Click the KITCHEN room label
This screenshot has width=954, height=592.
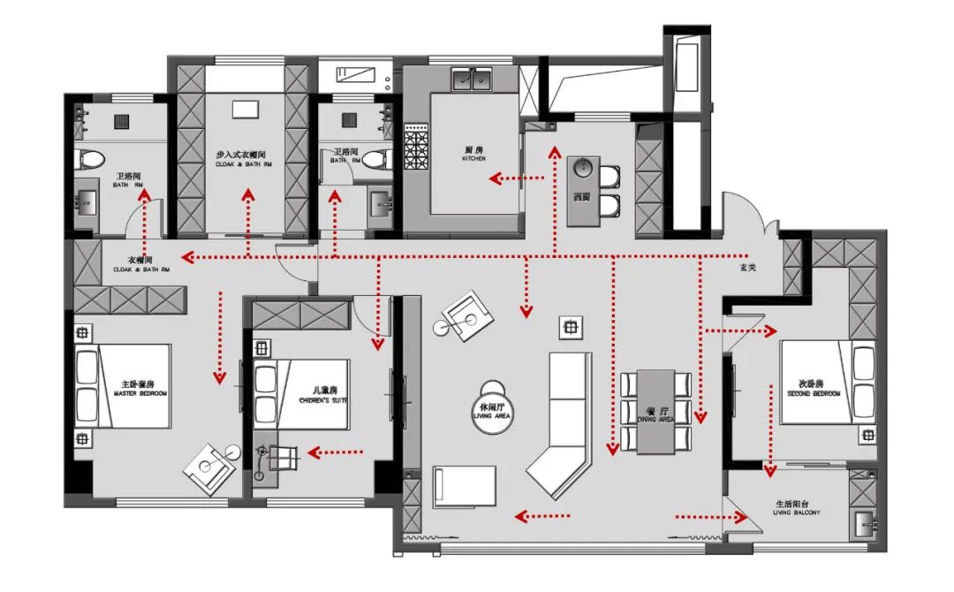[474, 154]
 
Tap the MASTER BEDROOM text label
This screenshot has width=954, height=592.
[139, 389]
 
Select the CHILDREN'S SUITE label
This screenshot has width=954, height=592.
[324, 395]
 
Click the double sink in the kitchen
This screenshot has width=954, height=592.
[474, 81]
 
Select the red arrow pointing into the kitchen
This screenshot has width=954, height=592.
[517, 179]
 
